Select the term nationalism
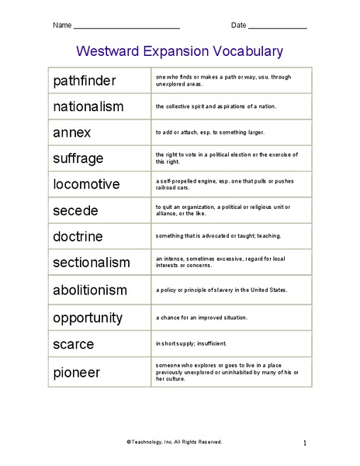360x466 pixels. coord(88,106)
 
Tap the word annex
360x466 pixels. coord(71,132)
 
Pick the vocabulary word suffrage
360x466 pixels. coord(78,158)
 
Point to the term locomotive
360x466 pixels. coord(86,184)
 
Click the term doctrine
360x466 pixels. coord(78,236)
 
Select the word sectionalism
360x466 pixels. coord(92,263)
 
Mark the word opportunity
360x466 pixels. coord(88,318)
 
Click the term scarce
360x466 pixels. coord(74,343)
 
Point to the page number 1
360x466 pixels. coord(305,443)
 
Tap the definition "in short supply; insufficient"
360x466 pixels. coord(191,343)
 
